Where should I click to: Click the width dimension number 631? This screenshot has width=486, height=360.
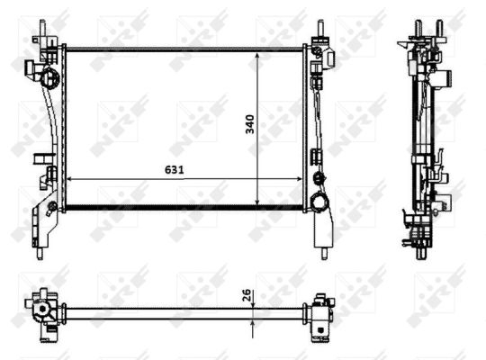coord(163,168)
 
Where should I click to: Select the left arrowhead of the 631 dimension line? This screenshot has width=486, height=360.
coord(73,180)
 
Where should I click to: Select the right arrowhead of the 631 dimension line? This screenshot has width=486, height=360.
coord(301,180)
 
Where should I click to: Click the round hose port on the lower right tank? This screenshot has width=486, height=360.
coord(319,202)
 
